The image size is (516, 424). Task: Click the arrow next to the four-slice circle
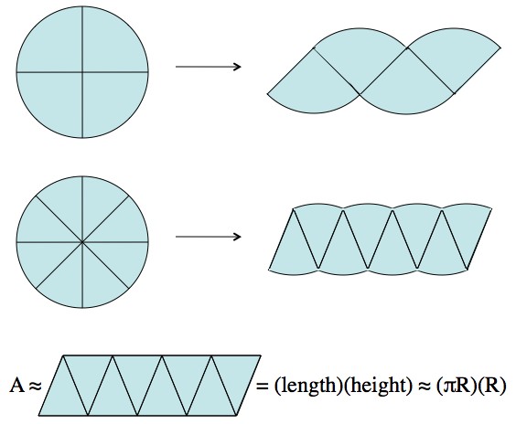(x=208, y=67)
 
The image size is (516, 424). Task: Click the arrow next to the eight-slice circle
(x=208, y=237)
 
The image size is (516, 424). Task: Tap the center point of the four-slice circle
(x=82, y=72)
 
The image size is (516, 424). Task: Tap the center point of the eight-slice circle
(x=82, y=242)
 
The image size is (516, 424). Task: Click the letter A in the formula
(x=16, y=386)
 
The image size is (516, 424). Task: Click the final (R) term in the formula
(x=490, y=386)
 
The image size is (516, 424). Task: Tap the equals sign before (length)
(x=263, y=387)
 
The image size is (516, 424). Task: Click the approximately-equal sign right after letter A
(x=35, y=386)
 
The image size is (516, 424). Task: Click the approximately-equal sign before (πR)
(x=425, y=386)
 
